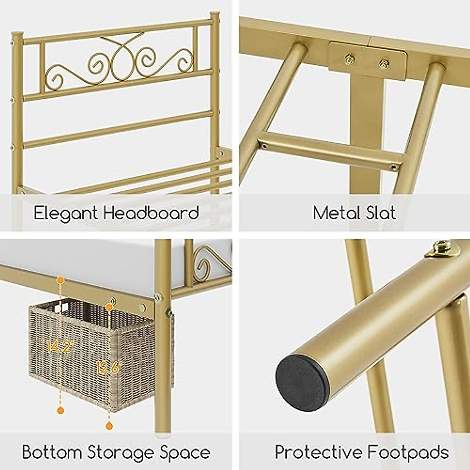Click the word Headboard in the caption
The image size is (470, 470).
(151, 213)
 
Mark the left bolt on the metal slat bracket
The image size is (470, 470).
(349, 59)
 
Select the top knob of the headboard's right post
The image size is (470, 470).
(214, 16)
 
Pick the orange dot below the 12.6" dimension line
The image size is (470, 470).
(109, 425)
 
